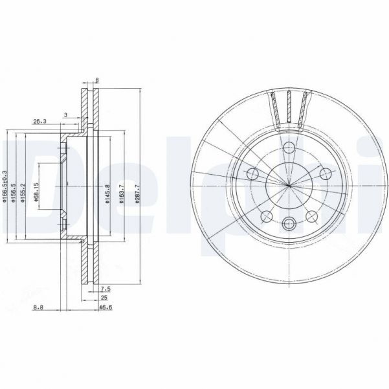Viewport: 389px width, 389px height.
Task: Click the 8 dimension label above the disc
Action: pos(98,81)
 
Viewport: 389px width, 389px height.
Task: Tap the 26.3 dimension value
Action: pos(39,120)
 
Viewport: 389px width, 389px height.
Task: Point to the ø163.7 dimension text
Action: pos(121,193)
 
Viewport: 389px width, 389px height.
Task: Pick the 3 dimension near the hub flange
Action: pos(65,115)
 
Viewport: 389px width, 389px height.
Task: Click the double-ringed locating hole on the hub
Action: pos(289,224)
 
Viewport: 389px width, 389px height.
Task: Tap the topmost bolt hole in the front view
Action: pos(289,148)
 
